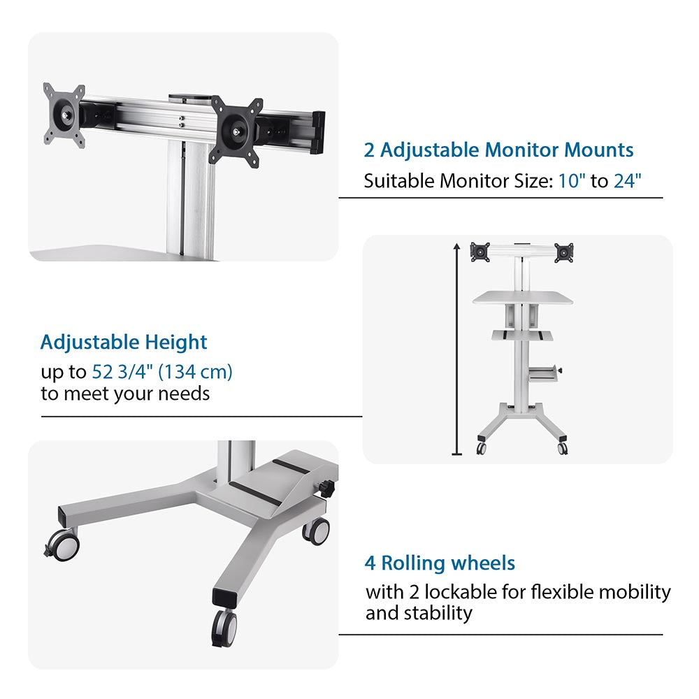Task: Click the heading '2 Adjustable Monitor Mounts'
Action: click(498, 150)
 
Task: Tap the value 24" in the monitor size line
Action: click(627, 181)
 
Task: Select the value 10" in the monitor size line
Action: click(572, 181)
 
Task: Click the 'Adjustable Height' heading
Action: click(124, 343)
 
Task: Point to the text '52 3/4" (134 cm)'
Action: click(162, 371)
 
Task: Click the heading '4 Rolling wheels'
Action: click(440, 563)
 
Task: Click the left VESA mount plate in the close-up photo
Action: click(64, 115)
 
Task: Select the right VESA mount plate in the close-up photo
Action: click(236, 132)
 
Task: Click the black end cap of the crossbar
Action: click(318, 132)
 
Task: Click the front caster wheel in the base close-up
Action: click(224, 627)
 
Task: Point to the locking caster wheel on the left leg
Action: click(63, 545)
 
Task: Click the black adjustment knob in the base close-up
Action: click(329, 487)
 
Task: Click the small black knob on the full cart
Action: click(559, 370)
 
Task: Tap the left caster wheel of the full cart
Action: click(481, 447)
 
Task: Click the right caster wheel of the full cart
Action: click(563, 447)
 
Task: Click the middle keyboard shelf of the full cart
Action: click(522, 336)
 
